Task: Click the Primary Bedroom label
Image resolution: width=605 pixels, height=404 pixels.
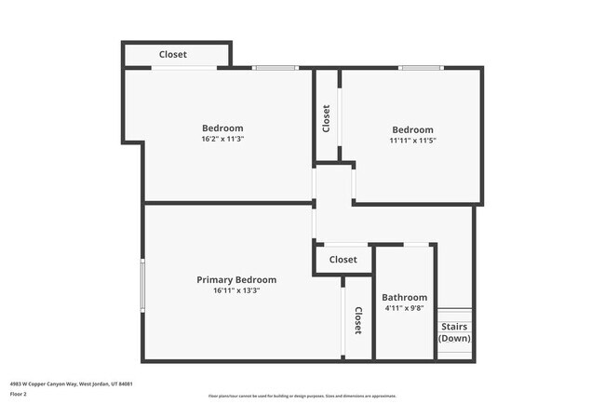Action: [235, 279]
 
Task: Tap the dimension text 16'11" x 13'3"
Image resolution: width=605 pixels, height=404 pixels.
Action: [235, 290]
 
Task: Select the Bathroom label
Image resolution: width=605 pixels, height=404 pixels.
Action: [405, 297]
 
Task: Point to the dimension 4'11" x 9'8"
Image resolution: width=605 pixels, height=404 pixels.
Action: [405, 308]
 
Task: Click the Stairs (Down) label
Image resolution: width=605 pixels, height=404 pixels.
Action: [454, 332]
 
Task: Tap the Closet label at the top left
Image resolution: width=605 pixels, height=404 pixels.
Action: [172, 54]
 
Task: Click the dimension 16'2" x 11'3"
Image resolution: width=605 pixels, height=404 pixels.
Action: [222, 139]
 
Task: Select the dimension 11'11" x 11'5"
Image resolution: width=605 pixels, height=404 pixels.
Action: [412, 141]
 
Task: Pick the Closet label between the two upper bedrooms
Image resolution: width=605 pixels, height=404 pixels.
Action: [326, 118]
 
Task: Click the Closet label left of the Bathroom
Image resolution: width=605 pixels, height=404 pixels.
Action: [357, 321]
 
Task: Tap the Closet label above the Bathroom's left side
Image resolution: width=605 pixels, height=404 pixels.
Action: [343, 260]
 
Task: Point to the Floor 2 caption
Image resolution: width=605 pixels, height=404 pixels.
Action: [20, 394]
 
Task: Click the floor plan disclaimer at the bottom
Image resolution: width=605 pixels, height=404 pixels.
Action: [302, 396]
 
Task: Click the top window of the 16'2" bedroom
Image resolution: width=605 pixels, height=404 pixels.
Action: [275, 68]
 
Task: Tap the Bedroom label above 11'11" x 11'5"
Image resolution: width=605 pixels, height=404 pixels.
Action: [412, 129]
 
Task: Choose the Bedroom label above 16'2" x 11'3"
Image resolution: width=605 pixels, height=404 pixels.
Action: [222, 128]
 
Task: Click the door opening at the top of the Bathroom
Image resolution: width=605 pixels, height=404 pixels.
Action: [416, 245]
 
